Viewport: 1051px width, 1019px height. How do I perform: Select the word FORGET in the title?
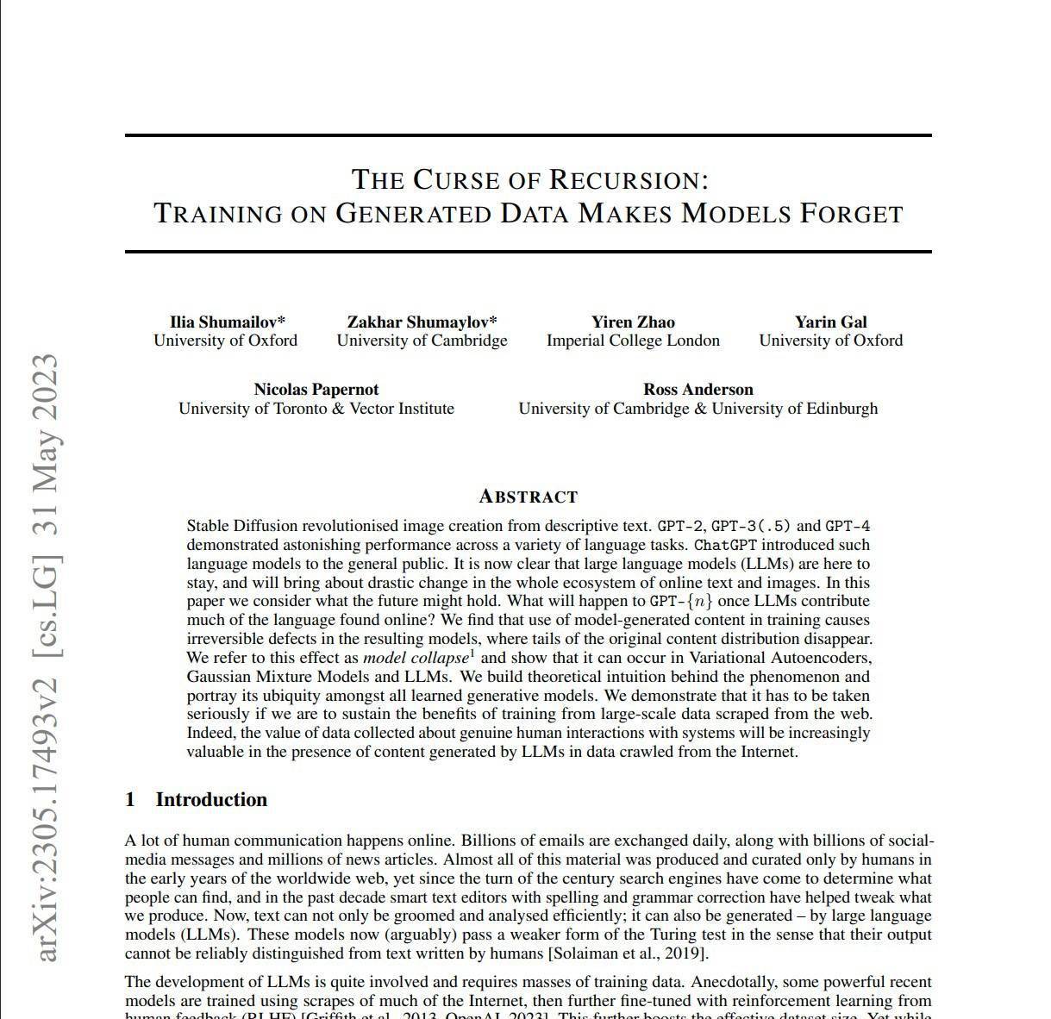point(850,213)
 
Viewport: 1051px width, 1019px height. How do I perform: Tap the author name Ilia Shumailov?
point(224,322)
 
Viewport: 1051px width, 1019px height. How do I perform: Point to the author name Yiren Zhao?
point(633,322)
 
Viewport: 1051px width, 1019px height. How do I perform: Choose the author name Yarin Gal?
point(830,322)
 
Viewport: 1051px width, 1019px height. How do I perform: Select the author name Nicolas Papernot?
point(316,390)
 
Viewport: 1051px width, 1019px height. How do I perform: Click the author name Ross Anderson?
point(698,390)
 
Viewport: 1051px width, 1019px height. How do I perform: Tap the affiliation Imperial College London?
point(633,341)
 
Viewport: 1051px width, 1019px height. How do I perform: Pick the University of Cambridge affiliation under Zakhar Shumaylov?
point(422,341)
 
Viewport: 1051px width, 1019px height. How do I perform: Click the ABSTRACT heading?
point(528,497)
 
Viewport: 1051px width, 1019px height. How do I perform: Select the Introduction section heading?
point(211,800)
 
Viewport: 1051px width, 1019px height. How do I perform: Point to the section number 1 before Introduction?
point(130,800)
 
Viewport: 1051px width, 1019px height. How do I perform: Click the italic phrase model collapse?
point(416,658)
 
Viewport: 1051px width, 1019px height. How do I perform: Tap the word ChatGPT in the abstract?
point(725,545)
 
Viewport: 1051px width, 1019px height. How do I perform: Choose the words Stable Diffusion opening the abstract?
point(241,526)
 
